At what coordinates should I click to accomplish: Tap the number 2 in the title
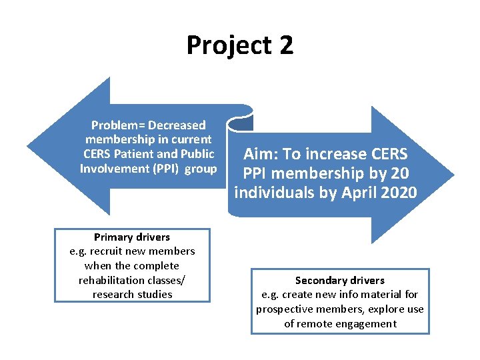pyautogui.click(x=286, y=45)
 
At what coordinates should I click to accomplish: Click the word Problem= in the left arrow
pyautogui.click(x=118, y=125)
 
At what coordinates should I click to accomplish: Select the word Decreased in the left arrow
pyautogui.click(x=177, y=125)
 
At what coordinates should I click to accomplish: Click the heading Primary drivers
pyautogui.click(x=132, y=237)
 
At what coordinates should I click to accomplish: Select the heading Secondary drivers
pyautogui.click(x=340, y=281)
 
